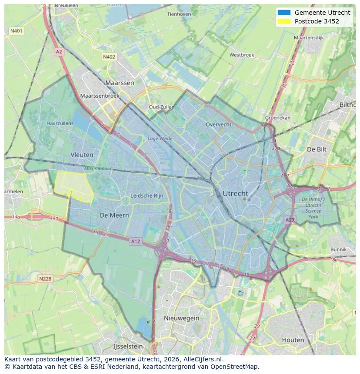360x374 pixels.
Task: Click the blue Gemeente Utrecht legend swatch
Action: [283, 13]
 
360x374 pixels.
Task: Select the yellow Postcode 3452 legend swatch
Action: [283, 21]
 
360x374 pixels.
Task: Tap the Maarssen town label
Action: [120, 83]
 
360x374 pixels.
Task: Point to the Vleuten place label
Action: [82, 154]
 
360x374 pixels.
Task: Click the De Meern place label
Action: [114, 215]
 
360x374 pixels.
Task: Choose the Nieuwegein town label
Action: [181, 318]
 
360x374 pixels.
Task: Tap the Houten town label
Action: [293, 340]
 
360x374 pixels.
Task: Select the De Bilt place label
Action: [317, 149]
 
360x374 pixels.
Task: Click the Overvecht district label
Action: [218, 124]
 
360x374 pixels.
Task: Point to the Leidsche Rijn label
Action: [147, 195]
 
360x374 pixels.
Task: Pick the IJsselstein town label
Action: [128, 346]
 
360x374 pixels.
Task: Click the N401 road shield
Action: [17, 31]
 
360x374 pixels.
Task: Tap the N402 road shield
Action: [109, 57]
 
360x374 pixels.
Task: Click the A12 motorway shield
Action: [136, 242]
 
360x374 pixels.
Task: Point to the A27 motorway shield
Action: [290, 220]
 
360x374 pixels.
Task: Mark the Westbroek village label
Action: [241, 55]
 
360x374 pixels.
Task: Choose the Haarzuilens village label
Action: [60, 123]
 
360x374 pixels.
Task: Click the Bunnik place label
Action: [338, 249]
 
